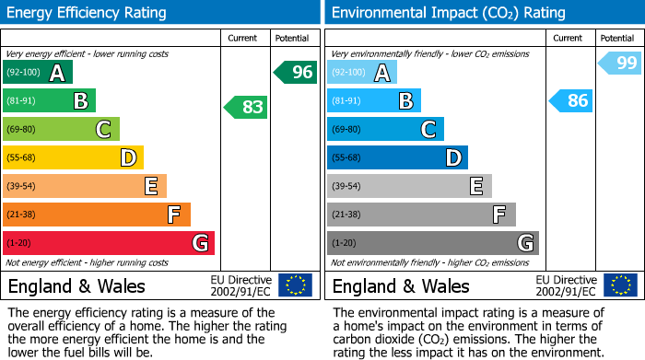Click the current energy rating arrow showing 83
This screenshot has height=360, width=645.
tap(247, 107)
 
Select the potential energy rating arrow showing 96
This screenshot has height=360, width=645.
tap(296, 72)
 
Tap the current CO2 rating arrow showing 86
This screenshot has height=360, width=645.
tap(571, 100)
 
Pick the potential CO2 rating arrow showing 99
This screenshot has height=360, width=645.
tap(620, 63)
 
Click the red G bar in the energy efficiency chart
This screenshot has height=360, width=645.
tap(108, 243)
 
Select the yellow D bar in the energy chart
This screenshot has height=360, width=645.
tap(73, 157)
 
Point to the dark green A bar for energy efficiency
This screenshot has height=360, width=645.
tap(37, 72)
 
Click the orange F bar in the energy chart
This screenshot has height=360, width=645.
tap(97, 215)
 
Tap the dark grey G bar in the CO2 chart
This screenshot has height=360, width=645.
tap(432, 243)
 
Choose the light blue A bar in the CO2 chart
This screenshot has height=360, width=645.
tap(362, 72)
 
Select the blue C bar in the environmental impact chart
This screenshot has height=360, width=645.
tap(385, 129)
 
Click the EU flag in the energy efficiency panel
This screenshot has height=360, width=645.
tap(295, 285)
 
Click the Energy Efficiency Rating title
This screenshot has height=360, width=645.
tap(88, 13)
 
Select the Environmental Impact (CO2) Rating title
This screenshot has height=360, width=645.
tap(448, 13)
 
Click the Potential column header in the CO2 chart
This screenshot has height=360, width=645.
tap(617, 38)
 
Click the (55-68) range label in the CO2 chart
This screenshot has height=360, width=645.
tap(347, 158)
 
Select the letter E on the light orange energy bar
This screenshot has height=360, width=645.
tap(151, 186)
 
